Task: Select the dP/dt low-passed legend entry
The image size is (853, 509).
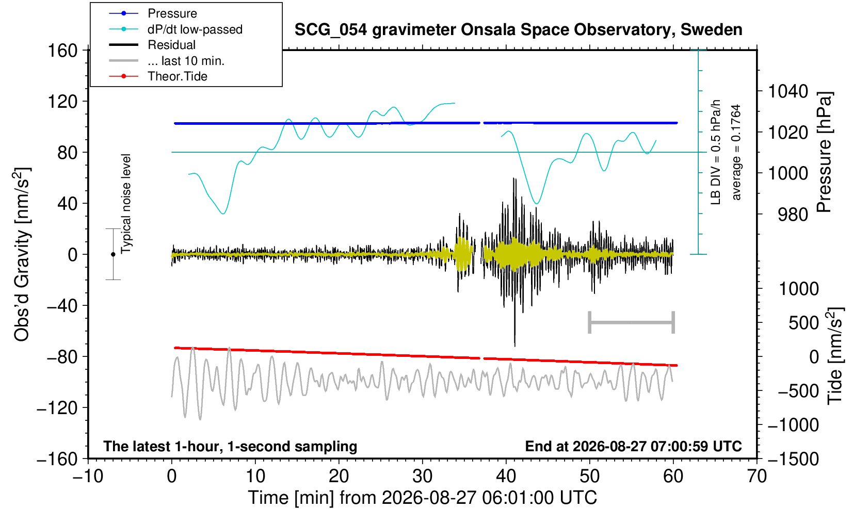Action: coord(175,29)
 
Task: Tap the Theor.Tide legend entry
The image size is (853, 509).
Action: coord(158,76)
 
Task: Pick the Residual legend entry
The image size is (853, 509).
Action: coord(152,45)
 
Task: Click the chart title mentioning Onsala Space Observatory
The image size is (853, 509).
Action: coord(518,30)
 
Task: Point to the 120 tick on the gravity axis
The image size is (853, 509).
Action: coord(62,102)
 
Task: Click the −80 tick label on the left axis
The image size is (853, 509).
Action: coord(62,357)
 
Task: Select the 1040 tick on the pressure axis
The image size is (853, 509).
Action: coord(788,91)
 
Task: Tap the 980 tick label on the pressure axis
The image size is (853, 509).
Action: coord(793,215)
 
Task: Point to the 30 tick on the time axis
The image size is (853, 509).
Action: coord(422,477)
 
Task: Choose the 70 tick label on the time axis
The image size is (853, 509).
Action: coord(757,477)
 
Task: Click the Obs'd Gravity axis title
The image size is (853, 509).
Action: coord(22,254)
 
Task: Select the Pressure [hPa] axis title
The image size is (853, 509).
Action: coord(825,152)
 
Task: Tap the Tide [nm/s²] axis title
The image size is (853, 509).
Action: coord(835,356)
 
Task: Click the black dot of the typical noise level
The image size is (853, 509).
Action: coord(113,254)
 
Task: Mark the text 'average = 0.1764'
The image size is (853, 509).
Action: coord(736,152)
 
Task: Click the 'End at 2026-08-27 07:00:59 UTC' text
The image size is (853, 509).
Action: coord(633,446)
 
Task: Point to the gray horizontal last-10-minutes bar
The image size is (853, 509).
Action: coord(632,322)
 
